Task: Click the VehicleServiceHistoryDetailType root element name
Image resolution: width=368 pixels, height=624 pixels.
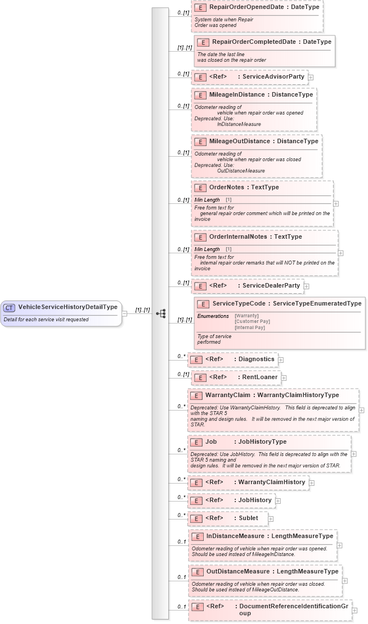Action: coord(68,307)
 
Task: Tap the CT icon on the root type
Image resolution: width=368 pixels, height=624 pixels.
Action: coord(10,307)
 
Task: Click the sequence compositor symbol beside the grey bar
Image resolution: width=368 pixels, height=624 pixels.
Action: coord(160,313)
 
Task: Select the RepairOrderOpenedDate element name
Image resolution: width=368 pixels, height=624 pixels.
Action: coord(246,7)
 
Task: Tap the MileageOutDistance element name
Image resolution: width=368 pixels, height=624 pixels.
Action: coord(240,141)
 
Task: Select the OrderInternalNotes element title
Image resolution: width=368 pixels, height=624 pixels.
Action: coord(239,236)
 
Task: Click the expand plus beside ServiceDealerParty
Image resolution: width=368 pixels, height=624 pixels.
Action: coord(306,286)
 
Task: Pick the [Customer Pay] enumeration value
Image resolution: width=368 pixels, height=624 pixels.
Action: coord(252,321)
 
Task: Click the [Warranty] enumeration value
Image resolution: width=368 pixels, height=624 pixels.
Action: coord(247,316)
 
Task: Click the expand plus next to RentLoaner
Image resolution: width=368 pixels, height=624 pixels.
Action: coord(284,379)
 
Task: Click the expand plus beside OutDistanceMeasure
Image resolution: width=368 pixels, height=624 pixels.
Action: coord(345,581)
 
